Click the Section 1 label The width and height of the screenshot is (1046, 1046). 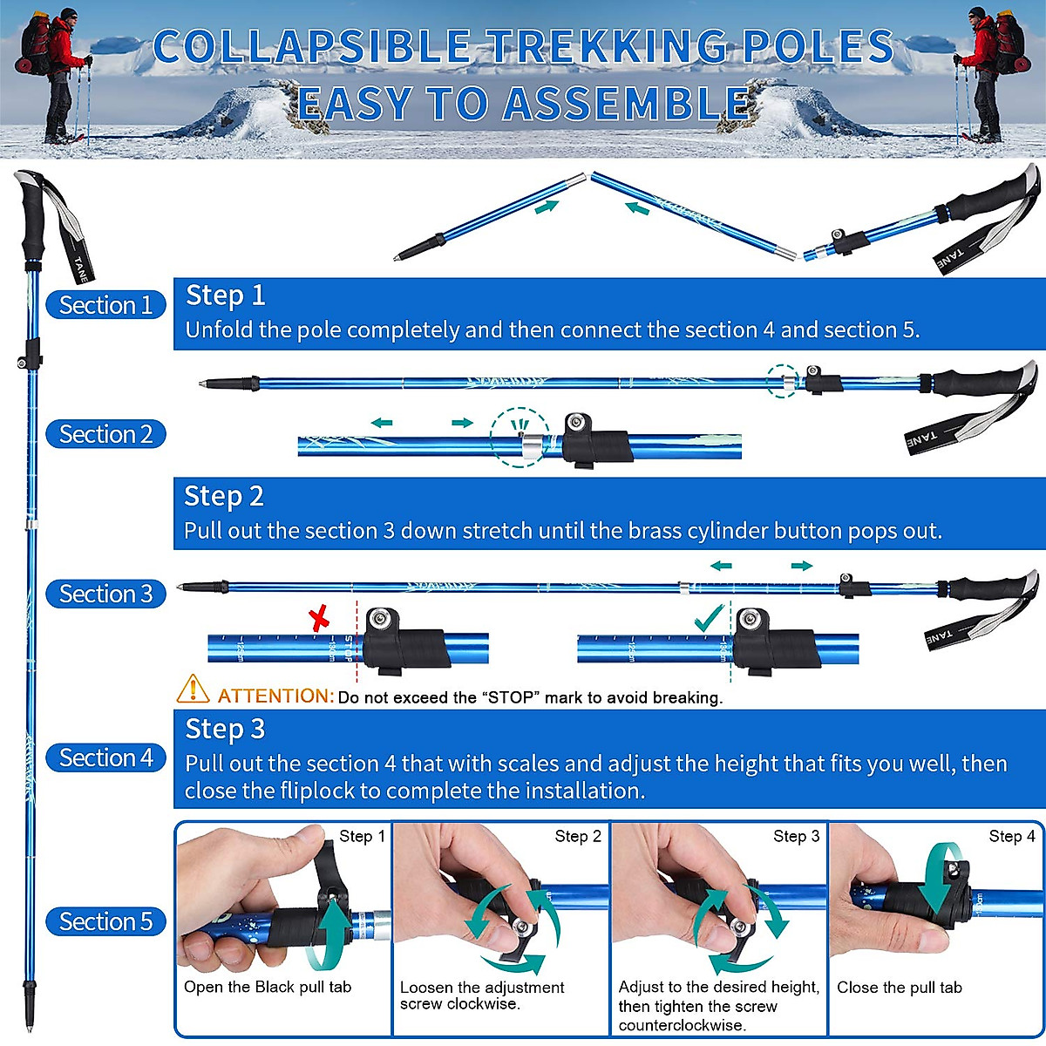point(105,305)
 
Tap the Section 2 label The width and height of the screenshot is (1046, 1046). point(105,434)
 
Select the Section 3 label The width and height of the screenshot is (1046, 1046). point(105,594)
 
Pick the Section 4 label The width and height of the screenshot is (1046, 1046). point(105,757)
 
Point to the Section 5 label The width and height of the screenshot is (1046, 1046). point(105,921)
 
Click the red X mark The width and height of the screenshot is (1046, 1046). point(321,621)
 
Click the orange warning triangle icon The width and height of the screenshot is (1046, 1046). point(193,689)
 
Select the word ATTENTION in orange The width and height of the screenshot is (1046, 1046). point(275,696)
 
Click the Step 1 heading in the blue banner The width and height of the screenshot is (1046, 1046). point(225,295)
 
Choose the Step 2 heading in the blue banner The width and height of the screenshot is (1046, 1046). point(223,496)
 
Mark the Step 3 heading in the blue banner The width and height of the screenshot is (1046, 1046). point(225,729)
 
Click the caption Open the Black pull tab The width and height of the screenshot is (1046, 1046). point(268,987)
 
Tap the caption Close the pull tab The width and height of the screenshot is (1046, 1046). point(900,988)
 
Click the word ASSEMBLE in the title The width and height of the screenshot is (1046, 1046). point(626,105)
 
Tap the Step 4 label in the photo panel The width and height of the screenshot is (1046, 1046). point(1012,837)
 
